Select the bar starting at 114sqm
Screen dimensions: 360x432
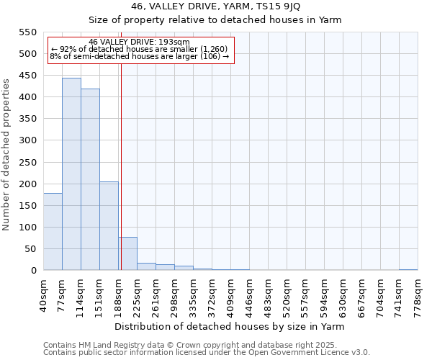point(90,179)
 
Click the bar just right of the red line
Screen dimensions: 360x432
point(128,254)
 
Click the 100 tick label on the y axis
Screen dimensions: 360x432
point(27,228)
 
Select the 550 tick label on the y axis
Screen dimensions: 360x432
point(27,32)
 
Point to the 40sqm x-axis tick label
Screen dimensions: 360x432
point(44,294)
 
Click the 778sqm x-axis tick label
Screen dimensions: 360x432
point(418,294)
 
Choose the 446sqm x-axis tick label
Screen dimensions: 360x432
point(250,294)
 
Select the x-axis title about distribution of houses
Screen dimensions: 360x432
point(230,326)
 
